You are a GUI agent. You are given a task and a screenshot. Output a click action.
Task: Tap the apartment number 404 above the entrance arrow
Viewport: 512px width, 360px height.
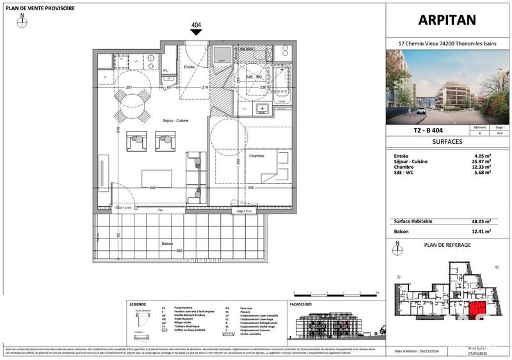tap(196, 26)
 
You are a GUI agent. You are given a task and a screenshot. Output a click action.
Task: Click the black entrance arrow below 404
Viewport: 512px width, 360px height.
tap(196, 35)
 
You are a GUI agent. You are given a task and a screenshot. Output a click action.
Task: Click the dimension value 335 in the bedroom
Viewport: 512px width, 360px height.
tap(253, 188)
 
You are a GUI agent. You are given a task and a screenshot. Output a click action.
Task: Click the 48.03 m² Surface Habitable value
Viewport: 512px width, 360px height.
tap(480, 221)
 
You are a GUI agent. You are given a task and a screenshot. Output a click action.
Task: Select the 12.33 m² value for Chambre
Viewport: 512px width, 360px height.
tap(480, 167)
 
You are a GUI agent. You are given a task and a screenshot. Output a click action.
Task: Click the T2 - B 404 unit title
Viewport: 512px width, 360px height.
tap(420, 130)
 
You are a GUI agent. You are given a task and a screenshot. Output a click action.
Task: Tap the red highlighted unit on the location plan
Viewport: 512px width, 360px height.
tap(476, 311)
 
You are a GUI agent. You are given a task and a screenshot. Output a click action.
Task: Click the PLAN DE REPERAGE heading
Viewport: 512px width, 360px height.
tap(447, 244)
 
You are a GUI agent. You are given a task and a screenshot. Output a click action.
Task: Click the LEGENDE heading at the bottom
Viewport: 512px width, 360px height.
tap(138, 305)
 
